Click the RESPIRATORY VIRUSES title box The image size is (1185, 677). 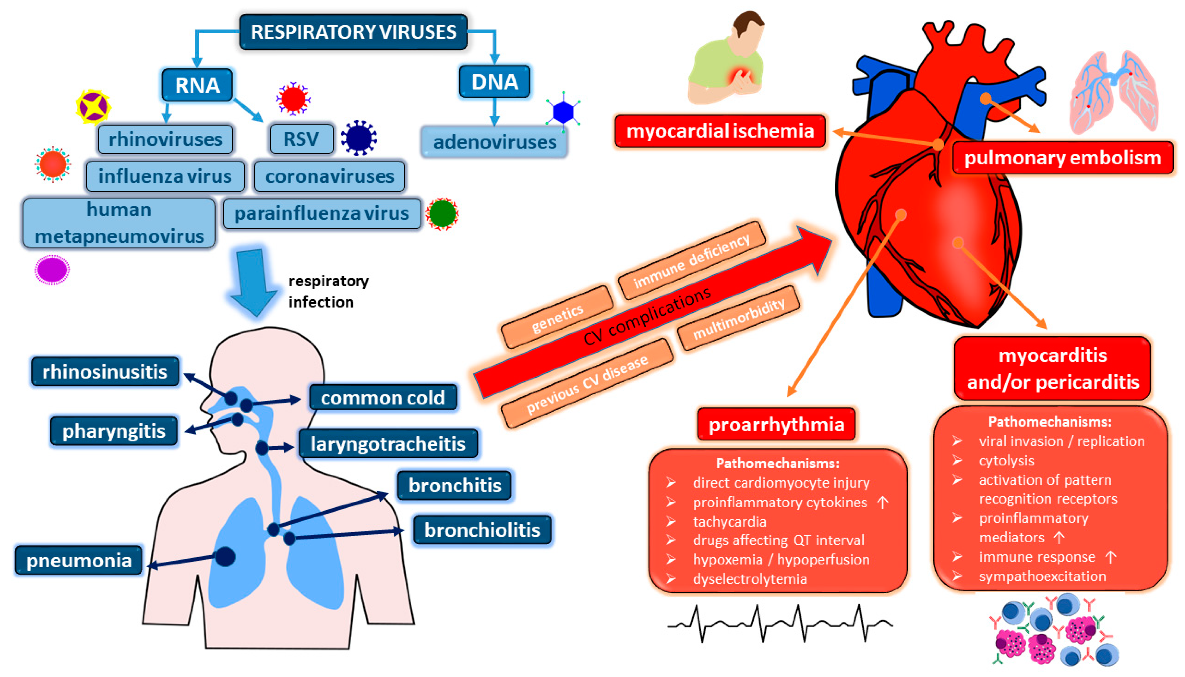(x=353, y=32)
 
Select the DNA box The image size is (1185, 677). (x=494, y=82)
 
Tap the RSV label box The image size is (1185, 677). (x=301, y=139)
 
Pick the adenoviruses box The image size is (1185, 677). (x=494, y=142)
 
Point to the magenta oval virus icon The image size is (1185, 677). (x=52, y=269)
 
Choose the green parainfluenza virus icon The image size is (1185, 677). (x=442, y=214)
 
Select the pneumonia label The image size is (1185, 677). (x=79, y=560)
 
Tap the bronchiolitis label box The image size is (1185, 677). (x=482, y=530)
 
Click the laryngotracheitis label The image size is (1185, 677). (x=388, y=444)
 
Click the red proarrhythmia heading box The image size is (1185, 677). (x=776, y=424)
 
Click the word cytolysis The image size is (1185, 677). (x=1007, y=460)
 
